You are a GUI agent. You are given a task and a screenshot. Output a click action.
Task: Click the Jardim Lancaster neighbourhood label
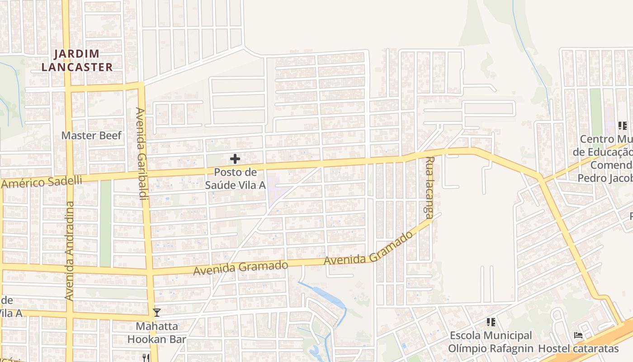[77, 61]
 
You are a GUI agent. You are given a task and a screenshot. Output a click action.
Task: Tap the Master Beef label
[91, 135]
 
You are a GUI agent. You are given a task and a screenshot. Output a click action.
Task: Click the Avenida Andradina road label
[69, 250]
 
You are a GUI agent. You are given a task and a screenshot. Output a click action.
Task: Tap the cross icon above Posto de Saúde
[235, 159]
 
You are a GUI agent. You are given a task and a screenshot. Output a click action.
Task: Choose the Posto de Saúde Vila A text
[235, 179]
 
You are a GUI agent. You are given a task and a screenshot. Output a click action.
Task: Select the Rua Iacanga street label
[430, 188]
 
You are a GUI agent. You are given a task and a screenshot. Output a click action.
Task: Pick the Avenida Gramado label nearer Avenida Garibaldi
[241, 268]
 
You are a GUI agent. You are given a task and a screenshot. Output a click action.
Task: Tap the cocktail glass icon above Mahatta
[156, 312]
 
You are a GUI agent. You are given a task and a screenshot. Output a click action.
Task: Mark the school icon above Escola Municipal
[491, 322]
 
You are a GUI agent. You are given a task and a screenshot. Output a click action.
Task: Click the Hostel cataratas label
[578, 348]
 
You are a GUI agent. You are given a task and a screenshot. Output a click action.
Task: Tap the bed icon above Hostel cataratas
[578, 335]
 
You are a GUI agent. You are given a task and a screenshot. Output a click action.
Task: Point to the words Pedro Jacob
[605, 178]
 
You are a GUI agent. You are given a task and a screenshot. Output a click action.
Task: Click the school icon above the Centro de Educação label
[622, 125]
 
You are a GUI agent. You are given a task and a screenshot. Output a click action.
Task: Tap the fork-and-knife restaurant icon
[146, 358]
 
